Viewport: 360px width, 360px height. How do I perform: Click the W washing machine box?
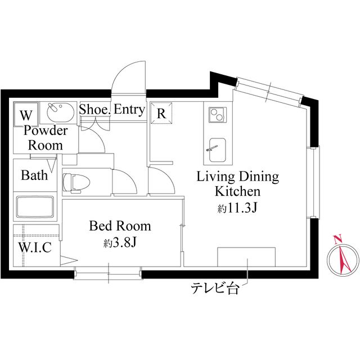[26, 114]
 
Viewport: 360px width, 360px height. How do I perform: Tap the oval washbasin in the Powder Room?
[61, 112]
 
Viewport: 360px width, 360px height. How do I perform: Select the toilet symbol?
[76, 182]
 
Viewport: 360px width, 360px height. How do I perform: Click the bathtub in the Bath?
[35, 206]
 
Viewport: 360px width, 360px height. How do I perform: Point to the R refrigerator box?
[161, 112]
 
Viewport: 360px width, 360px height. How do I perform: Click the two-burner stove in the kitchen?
[217, 115]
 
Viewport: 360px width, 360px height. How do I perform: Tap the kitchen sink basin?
[217, 150]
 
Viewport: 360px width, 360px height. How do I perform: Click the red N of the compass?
[337, 239]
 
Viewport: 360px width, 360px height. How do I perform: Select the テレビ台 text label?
[215, 289]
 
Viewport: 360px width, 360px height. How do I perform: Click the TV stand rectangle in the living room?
[246, 257]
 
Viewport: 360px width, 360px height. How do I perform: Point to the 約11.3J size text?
[237, 208]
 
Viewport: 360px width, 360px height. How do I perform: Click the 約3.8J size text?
[120, 242]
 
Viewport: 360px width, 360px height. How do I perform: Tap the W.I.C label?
[35, 247]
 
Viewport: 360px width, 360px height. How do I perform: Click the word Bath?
[34, 175]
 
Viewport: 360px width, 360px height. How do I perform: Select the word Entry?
[129, 110]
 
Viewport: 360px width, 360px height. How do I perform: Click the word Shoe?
[95, 109]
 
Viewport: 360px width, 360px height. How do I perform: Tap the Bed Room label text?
[120, 226]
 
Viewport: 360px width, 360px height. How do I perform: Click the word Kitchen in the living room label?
[237, 191]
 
